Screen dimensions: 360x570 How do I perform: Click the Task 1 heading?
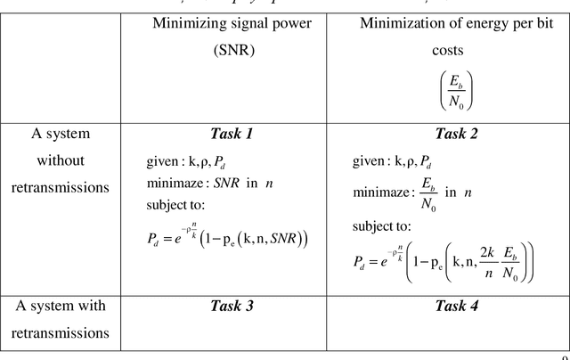point(232,135)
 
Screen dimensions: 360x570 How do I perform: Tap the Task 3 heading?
point(232,306)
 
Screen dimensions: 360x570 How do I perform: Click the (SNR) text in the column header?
point(231,51)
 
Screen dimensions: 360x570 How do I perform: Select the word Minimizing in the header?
point(190,23)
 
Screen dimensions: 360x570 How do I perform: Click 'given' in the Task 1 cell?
point(163,162)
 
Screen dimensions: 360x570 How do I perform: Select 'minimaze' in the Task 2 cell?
point(379,192)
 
